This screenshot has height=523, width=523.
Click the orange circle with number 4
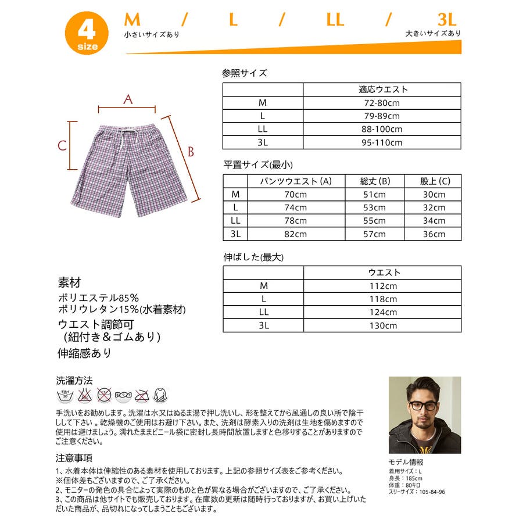point(86,34)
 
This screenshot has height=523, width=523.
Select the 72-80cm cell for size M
point(382,103)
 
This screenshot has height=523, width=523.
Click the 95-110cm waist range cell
point(382,143)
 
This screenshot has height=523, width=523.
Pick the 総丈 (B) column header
point(374,181)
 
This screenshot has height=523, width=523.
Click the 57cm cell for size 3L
point(374,234)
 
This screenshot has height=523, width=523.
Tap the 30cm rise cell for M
point(434,195)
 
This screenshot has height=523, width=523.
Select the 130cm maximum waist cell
point(382,326)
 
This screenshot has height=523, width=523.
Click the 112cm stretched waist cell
point(382,286)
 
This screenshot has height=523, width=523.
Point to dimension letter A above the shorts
point(128,99)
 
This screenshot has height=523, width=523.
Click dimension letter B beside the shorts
point(189,152)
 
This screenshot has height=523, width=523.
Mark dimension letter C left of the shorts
point(62,146)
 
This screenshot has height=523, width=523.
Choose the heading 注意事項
point(74,458)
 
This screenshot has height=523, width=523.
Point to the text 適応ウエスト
point(382,89)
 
